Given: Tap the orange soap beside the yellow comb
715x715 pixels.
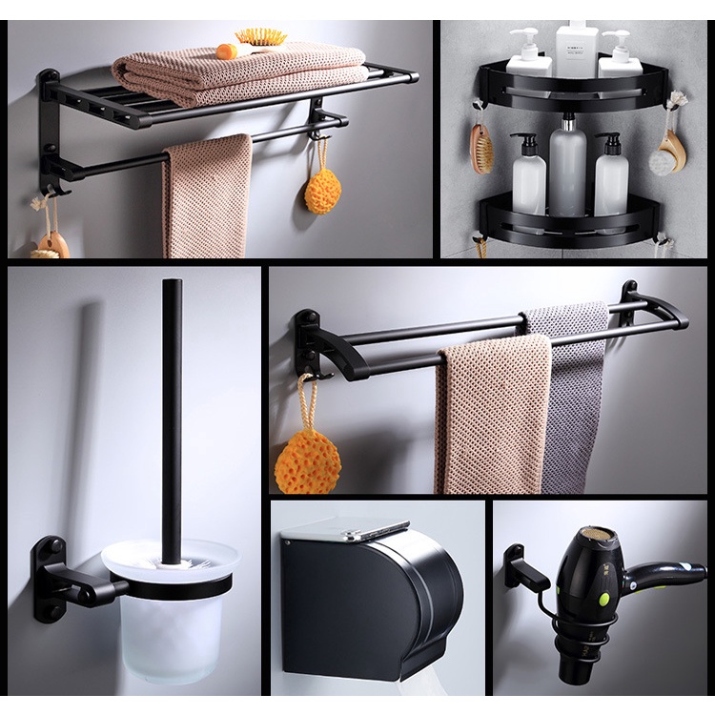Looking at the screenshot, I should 226,51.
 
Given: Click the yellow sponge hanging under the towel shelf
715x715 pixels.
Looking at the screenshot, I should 323,190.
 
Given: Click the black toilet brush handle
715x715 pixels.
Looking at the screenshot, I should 172,410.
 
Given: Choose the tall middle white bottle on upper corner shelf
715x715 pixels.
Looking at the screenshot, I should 577,48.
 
